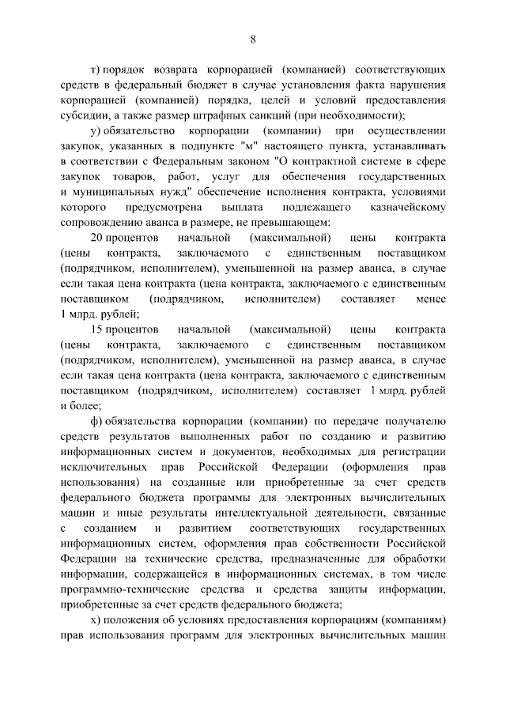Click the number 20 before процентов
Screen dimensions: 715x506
tap(98, 238)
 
